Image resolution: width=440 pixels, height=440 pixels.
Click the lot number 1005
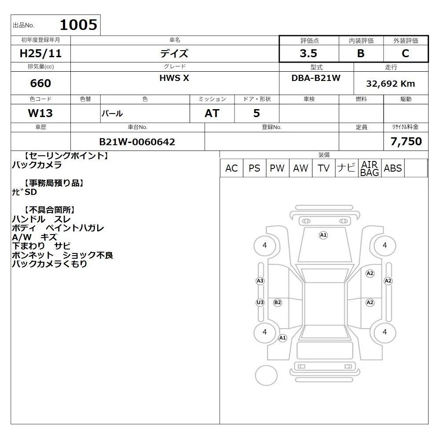tap(79, 25)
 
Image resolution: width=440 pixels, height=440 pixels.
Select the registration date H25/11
tap(40, 53)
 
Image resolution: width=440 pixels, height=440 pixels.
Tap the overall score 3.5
tap(308, 53)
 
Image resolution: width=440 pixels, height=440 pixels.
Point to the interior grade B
tap(361, 53)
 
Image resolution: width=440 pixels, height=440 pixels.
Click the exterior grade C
tap(405, 53)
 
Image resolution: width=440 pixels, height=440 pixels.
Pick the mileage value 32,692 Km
tap(390, 84)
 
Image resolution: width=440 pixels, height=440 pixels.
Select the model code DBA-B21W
tap(316, 78)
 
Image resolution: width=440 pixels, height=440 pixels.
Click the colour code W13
tap(40, 113)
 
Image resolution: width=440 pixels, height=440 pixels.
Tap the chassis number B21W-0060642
tap(137, 142)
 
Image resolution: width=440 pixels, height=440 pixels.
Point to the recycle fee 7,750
tap(406, 141)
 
